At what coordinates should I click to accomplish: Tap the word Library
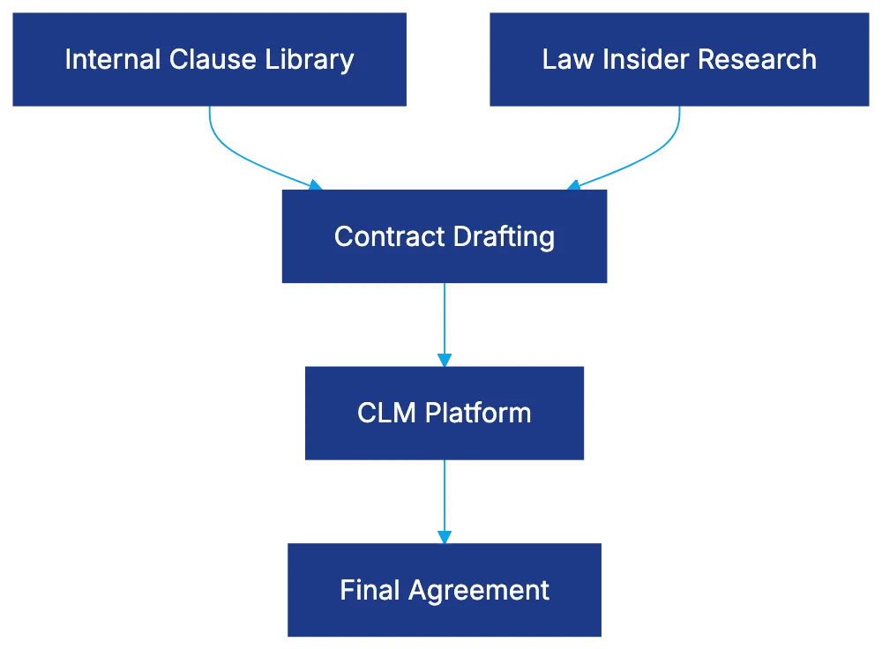click(x=314, y=60)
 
